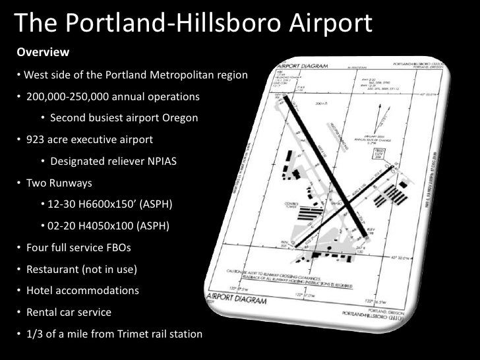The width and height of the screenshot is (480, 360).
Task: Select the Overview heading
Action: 43,51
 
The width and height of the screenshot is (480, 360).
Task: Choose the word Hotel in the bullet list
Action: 40,291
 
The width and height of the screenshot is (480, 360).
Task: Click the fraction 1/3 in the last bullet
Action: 36,334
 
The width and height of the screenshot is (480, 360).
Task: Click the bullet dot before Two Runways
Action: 20,183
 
